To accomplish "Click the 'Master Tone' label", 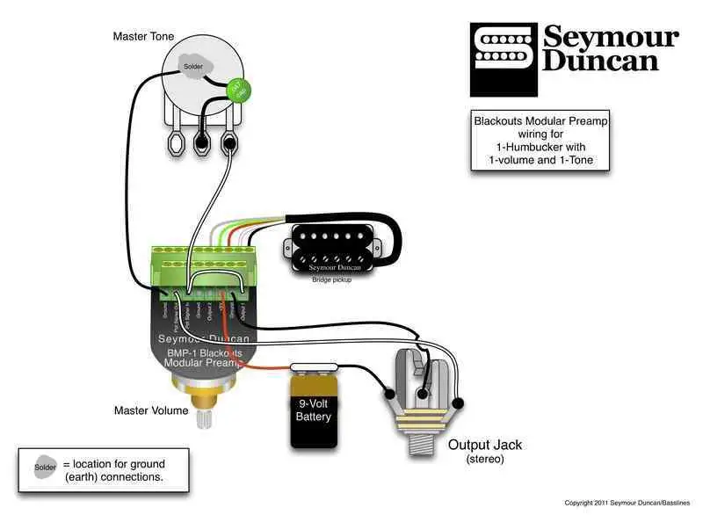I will click(143, 36).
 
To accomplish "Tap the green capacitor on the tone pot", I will click(236, 89).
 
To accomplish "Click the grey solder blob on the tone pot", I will click(192, 66).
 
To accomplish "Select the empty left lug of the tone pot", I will click(172, 142).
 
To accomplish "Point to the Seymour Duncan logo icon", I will click(503, 48).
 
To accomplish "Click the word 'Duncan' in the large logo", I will click(600, 61).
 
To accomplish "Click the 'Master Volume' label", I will click(150, 410).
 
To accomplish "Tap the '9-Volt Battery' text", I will click(313, 410).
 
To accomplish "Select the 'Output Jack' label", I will click(485, 445).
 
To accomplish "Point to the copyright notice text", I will click(626, 504).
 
